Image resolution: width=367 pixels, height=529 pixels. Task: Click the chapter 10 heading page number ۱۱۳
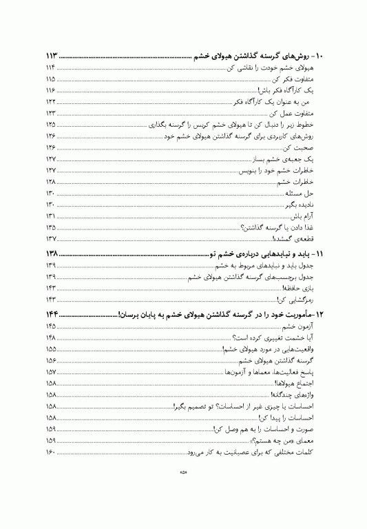point(56,56)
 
